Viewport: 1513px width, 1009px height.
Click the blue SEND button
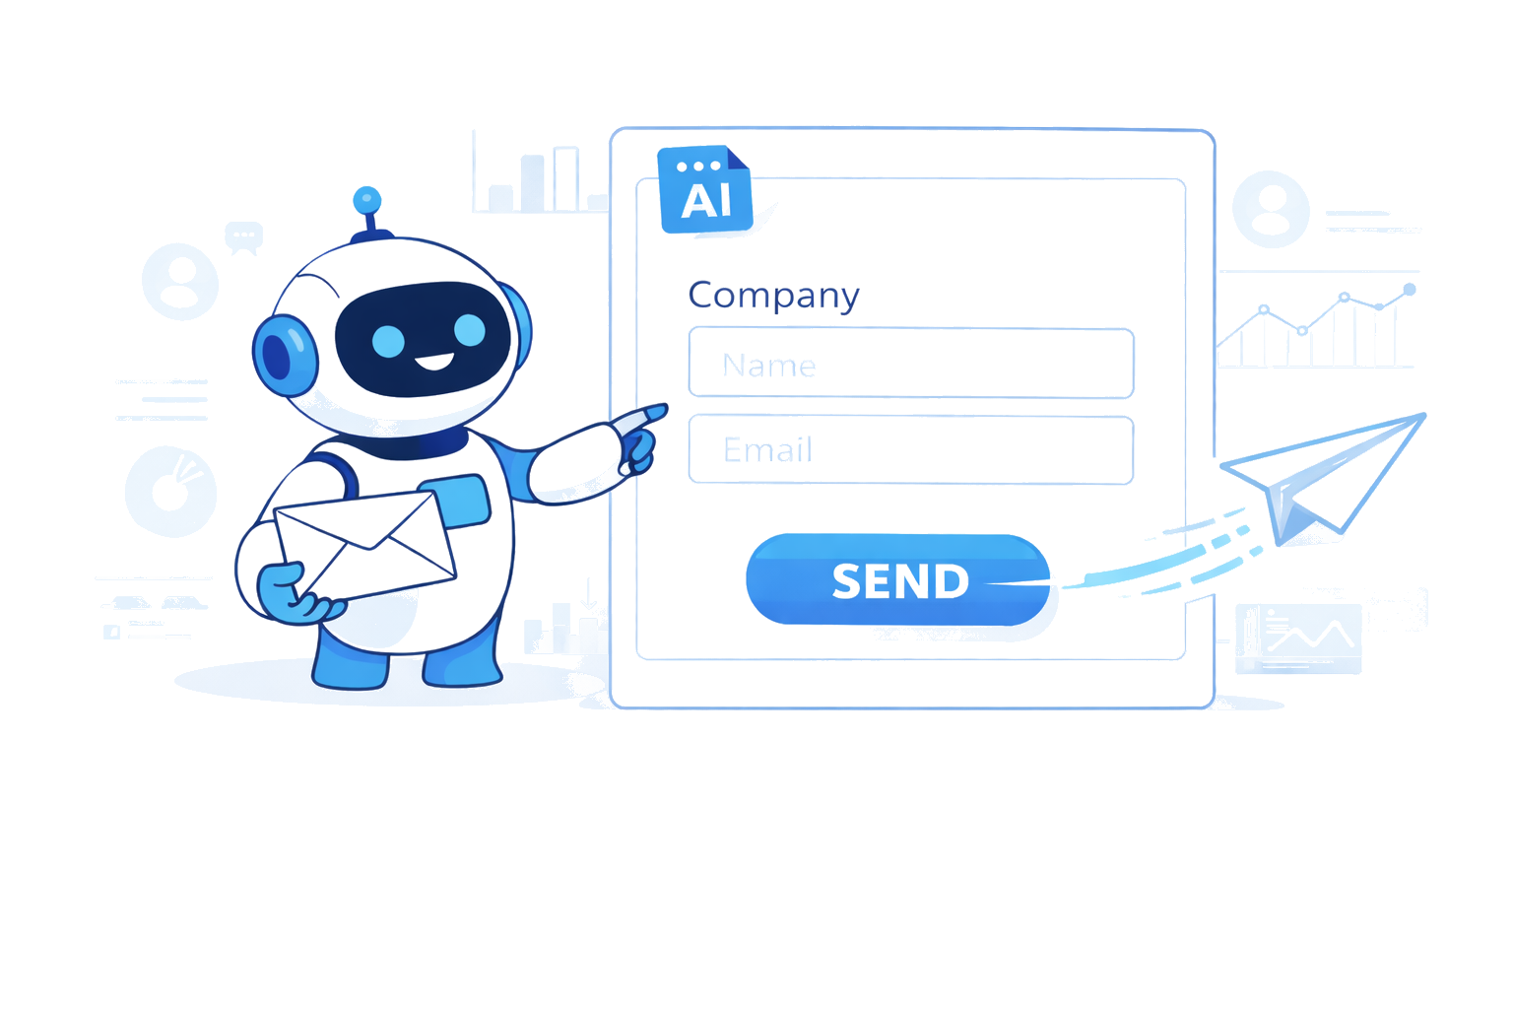pyautogui.click(x=897, y=579)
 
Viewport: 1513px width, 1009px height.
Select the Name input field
pyautogui.click(x=910, y=364)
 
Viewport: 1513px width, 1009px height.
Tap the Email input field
pyautogui.click(x=910, y=450)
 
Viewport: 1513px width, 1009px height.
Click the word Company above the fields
pyautogui.click(x=773, y=295)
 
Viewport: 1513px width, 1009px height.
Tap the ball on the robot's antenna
pyautogui.click(x=367, y=200)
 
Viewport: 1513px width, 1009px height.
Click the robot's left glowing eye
pyautogui.click(x=388, y=341)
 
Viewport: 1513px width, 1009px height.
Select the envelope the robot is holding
pyautogui.click(x=364, y=545)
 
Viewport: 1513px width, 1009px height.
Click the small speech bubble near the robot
pyautogui.click(x=243, y=236)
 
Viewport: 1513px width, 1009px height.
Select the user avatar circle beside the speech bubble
pyautogui.click(x=180, y=281)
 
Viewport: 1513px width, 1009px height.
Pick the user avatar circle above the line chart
pyautogui.click(x=1271, y=210)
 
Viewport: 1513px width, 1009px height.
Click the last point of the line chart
pyautogui.click(x=1410, y=290)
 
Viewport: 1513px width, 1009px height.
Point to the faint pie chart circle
pyautogui.click(x=170, y=491)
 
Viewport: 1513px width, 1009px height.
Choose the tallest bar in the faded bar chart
pyautogui.click(x=565, y=178)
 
